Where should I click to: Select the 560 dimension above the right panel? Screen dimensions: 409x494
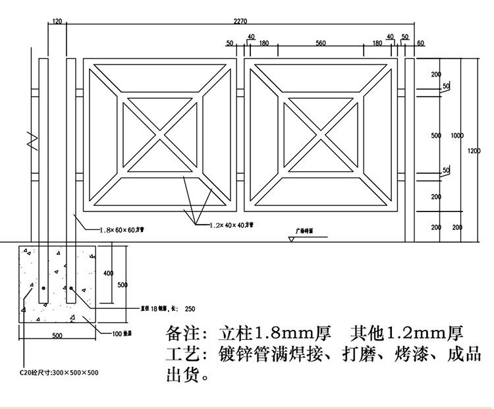click(x=321, y=43)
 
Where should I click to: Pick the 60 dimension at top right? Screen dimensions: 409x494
click(x=420, y=43)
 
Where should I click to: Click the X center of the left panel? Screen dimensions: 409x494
click(x=159, y=136)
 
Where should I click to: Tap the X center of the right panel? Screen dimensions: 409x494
click(x=321, y=136)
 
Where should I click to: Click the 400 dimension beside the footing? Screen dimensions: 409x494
click(x=108, y=273)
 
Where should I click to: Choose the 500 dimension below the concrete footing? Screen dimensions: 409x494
click(x=57, y=336)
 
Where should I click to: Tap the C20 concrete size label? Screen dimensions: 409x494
click(x=59, y=373)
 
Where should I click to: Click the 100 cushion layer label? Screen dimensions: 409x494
click(x=122, y=333)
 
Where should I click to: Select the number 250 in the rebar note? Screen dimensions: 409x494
click(x=190, y=308)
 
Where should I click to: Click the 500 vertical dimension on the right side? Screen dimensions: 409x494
click(x=436, y=136)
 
